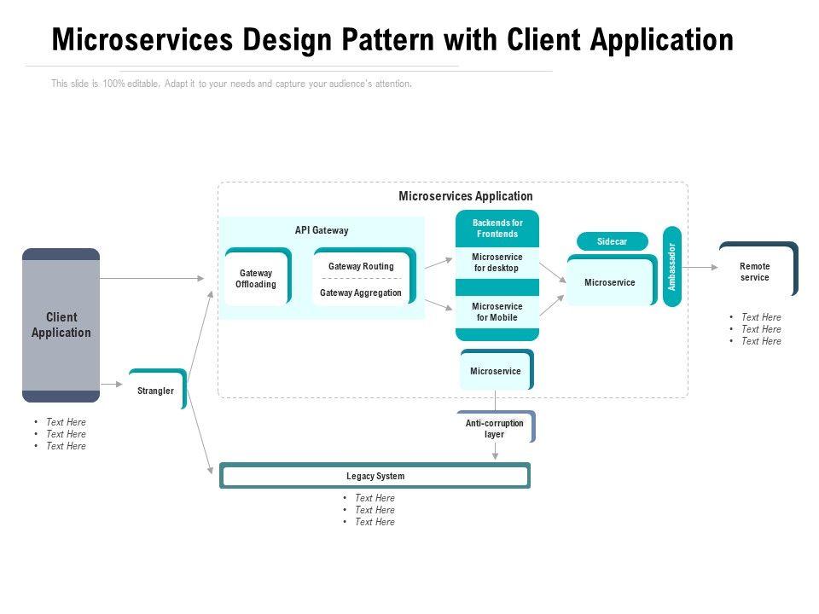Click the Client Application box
point(61,325)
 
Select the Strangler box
point(156,391)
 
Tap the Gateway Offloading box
point(256,278)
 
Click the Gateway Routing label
point(361,267)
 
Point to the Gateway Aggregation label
point(361,293)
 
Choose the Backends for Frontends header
point(497,229)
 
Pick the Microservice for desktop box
point(497,263)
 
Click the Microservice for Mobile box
point(497,312)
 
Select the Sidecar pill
point(612,241)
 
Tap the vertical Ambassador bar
point(672,267)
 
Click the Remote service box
point(755,271)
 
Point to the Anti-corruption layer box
point(495,428)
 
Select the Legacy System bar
point(375,476)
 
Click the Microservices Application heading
point(466,196)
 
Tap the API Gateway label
point(322,230)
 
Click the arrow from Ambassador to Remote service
point(700,267)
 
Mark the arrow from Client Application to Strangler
point(113,385)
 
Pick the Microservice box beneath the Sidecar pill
point(610,282)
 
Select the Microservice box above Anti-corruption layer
point(496,371)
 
